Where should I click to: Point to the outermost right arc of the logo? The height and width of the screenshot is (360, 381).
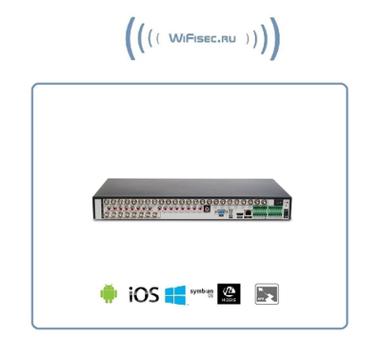275,39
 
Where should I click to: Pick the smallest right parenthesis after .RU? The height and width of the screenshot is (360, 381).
247,39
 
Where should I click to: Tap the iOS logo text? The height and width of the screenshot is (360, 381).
142,293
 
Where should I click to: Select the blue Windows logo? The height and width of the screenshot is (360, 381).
174,293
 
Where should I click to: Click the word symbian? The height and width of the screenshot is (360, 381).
201,290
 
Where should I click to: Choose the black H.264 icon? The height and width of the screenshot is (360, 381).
229,293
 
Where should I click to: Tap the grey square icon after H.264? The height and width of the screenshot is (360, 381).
268,293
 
